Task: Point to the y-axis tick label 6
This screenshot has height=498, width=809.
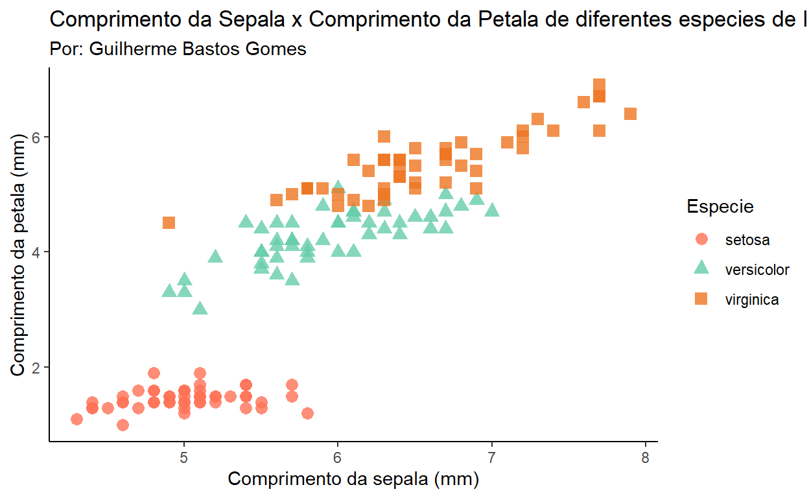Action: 37,137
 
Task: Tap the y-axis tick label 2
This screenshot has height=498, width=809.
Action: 37,368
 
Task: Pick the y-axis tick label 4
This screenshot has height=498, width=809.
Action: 37,252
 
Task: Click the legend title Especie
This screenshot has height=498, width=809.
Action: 720,207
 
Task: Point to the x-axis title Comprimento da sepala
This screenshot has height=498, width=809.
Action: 353,480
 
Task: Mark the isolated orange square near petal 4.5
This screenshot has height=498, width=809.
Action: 169,223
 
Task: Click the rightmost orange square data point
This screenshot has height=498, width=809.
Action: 630,114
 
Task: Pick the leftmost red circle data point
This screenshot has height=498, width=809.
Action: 76,419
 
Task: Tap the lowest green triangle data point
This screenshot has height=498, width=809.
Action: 200,309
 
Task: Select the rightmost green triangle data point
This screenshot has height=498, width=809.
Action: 492,210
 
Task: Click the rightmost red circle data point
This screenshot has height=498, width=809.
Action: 307,413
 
